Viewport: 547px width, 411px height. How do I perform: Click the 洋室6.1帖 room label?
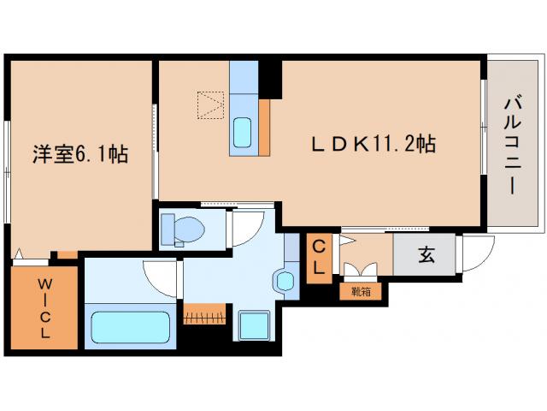(x=80, y=154)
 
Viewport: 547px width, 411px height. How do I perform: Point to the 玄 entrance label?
(x=424, y=254)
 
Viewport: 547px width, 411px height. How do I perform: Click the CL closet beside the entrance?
(x=318, y=256)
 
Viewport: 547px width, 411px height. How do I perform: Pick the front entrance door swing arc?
(x=476, y=251)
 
